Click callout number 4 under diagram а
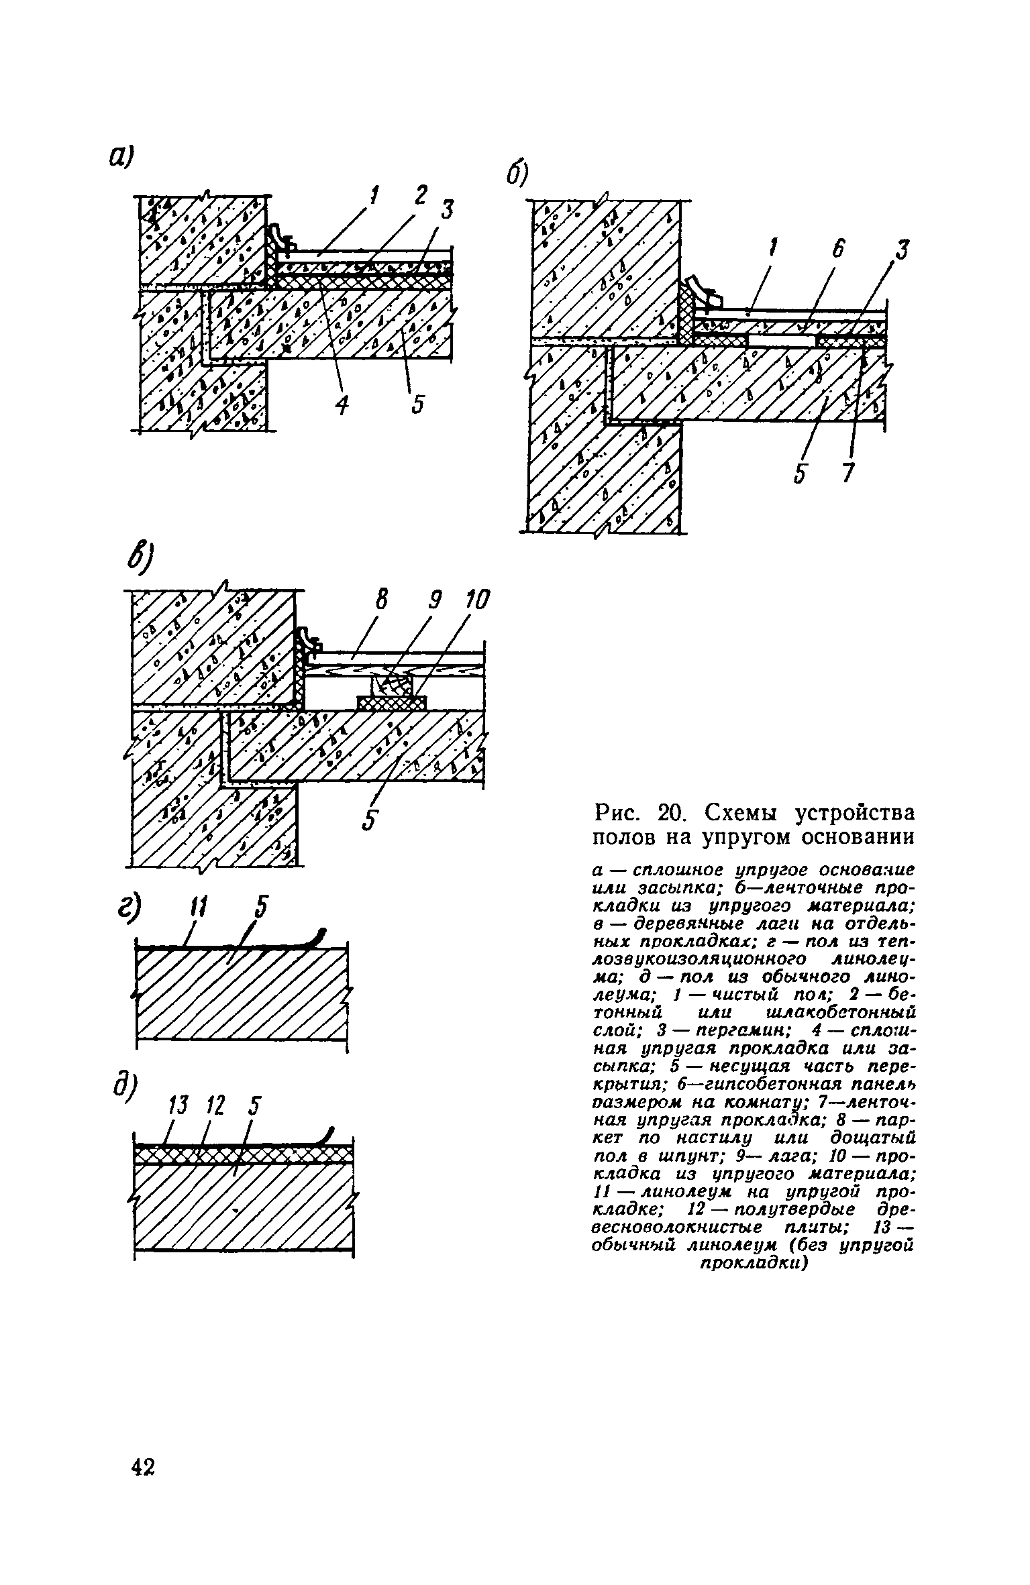(x=342, y=404)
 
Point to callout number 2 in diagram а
(x=420, y=195)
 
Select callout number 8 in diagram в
(x=381, y=602)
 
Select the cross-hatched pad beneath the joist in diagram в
(x=391, y=702)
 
